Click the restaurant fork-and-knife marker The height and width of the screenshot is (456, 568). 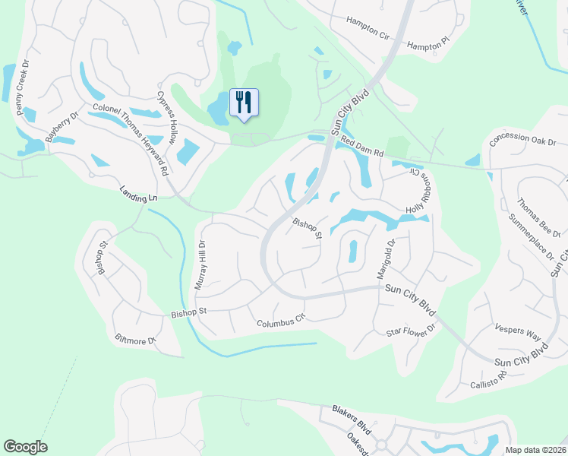point(244,102)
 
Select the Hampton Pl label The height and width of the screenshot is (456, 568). point(429,46)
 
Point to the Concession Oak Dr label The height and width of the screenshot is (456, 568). point(523,142)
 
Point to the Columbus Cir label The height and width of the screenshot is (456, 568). point(280,322)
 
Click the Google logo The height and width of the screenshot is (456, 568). point(25,447)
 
